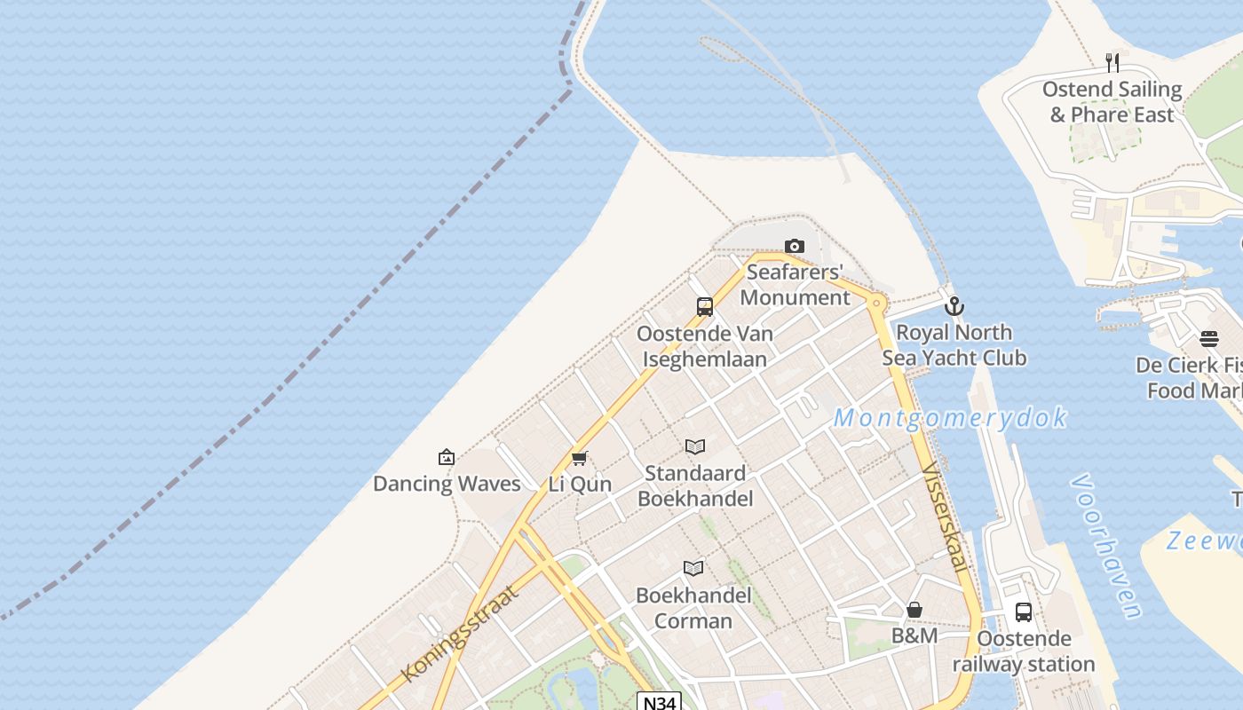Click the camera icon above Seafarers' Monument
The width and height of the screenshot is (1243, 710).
795,246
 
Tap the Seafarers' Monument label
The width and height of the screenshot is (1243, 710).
795,284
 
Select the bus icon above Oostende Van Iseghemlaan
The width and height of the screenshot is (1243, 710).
705,307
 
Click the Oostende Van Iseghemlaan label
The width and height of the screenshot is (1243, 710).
705,346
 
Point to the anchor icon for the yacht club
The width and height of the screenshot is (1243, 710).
954,306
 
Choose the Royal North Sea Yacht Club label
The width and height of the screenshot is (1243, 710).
954,345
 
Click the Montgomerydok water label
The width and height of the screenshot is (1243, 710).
950,418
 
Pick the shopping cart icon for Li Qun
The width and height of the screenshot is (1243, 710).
580,458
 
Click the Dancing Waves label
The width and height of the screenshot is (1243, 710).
447,484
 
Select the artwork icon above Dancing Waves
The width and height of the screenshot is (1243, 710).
447,457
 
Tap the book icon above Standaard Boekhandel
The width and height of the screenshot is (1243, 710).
695,447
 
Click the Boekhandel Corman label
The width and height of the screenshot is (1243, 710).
693,608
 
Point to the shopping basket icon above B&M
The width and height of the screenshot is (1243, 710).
914,610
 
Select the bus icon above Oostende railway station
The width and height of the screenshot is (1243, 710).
1024,612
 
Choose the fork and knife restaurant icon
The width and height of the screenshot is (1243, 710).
1112,62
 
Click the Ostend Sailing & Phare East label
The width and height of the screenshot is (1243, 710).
1112,102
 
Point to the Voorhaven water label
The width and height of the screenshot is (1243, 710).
1106,546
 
